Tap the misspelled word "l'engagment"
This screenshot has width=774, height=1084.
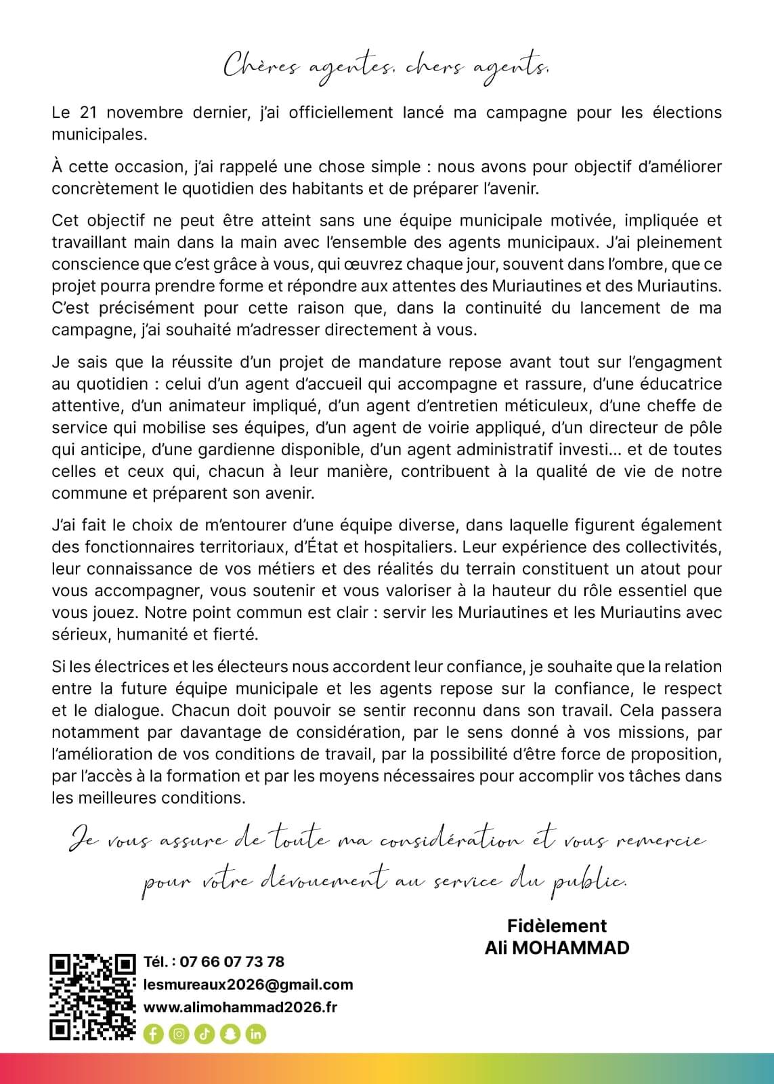point(671,362)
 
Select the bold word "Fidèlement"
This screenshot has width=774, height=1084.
point(557,925)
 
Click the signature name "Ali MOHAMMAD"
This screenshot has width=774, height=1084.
point(557,947)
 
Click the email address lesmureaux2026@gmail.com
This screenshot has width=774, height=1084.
point(248,984)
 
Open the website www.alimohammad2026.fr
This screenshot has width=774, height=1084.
point(240,1007)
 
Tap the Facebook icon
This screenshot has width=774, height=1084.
point(153,1034)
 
